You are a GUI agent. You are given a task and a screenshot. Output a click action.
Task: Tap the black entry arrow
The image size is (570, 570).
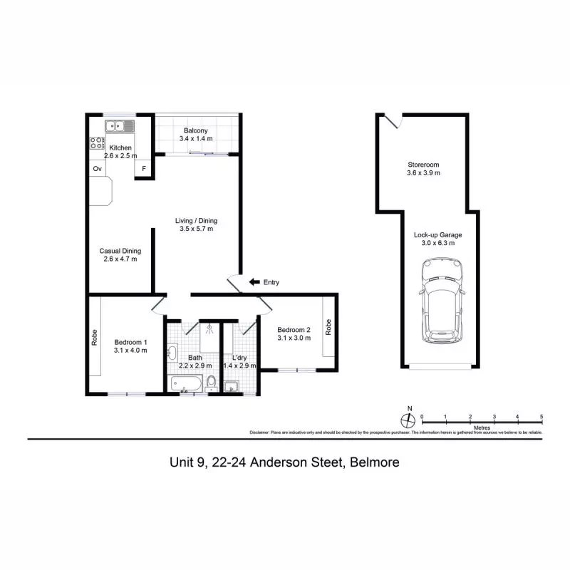(x=253, y=282)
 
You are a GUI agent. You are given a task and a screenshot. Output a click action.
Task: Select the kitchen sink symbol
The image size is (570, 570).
(x=120, y=126)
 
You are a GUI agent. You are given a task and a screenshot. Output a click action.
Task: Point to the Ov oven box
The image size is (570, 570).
(x=96, y=169)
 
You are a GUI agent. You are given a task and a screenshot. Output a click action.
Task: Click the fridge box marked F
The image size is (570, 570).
(x=144, y=169)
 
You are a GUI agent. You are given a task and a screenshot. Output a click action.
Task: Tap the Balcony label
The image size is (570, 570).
(x=195, y=131)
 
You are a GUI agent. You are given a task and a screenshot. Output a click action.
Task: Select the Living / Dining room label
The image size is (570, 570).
(x=196, y=220)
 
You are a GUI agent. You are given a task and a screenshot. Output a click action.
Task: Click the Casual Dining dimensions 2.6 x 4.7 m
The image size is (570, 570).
(x=120, y=259)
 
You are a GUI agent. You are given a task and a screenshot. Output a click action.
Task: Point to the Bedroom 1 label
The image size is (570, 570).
(x=130, y=341)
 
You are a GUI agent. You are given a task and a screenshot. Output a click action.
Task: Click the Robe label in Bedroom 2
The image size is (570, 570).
(x=328, y=327)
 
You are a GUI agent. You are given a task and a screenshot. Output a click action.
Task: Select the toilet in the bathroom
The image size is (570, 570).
(x=211, y=384)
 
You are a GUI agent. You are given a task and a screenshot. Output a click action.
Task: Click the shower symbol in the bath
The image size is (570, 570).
(x=209, y=328)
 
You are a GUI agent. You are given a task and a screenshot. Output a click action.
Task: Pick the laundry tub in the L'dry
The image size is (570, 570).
(x=232, y=386)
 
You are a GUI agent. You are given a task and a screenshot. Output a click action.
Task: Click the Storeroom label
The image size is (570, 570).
(x=423, y=163)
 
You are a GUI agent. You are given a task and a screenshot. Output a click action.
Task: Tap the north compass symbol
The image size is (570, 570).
(x=408, y=420)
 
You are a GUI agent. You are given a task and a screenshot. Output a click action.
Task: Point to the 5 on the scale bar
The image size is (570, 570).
(x=541, y=416)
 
